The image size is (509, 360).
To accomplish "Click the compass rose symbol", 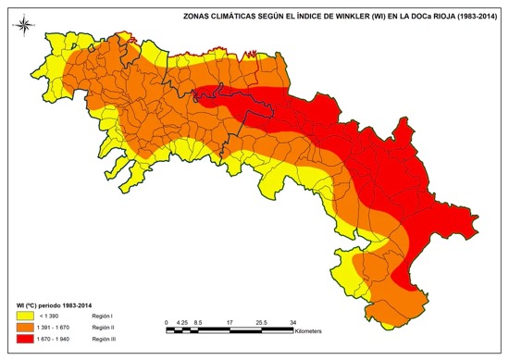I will tap(24, 24).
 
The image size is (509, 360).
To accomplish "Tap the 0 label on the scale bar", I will tap(166, 321).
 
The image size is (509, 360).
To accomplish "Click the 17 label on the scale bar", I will tap(229, 321).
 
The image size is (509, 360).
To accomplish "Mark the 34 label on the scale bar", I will tap(292, 321).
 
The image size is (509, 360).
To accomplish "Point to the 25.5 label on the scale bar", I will tap(261, 321).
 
